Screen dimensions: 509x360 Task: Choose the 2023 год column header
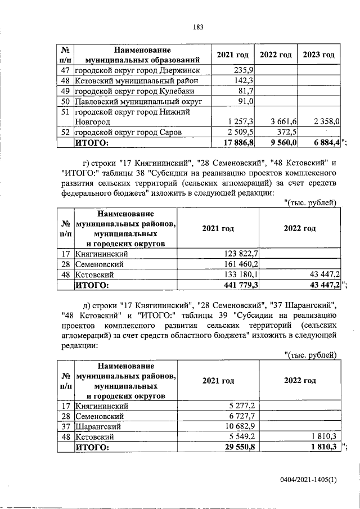pos(319,55)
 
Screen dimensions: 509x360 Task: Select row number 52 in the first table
pos(66,132)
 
